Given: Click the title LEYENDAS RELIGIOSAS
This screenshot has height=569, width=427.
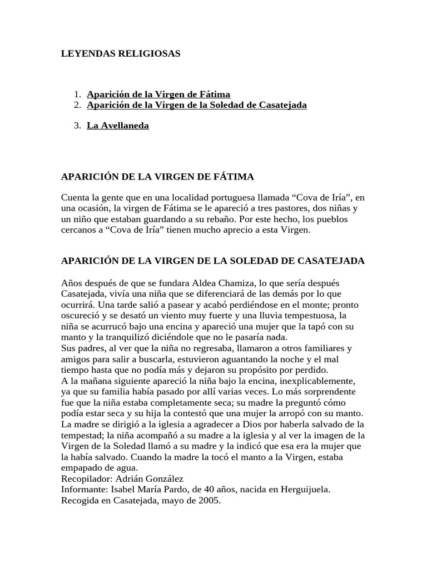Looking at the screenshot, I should tap(121, 54).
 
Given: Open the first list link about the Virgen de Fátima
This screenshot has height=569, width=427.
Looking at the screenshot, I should tap(158, 94).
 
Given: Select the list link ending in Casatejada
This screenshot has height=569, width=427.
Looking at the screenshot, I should tap(197, 105).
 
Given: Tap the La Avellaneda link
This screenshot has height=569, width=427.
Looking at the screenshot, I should tap(118, 126).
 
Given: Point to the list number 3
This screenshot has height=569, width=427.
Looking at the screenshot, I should tap(77, 126).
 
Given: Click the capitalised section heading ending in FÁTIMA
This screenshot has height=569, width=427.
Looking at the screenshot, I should tap(157, 177).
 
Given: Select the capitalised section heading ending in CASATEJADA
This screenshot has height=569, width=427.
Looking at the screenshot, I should tap(213, 261).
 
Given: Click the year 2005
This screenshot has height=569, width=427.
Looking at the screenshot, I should tap(210, 500).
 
